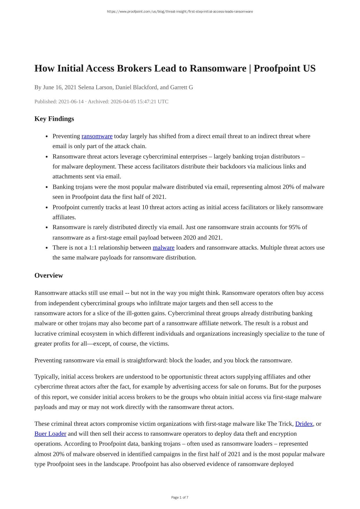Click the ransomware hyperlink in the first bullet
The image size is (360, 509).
click(x=97, y=136)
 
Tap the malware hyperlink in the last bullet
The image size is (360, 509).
click(x=163, y=248)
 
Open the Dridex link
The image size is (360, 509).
click(x=304, y=424)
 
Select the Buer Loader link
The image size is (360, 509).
click(x=50, y=434)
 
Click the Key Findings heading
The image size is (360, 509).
click(x=54, y=119)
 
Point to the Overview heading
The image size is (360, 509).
click(x=49, y=275)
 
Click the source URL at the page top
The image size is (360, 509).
click(x=180, y=12)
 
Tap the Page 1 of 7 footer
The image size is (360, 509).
click(x=180, y=497)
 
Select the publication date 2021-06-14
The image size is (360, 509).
click(x=71, y=101)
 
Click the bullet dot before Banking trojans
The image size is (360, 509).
click(x=47, y=187)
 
